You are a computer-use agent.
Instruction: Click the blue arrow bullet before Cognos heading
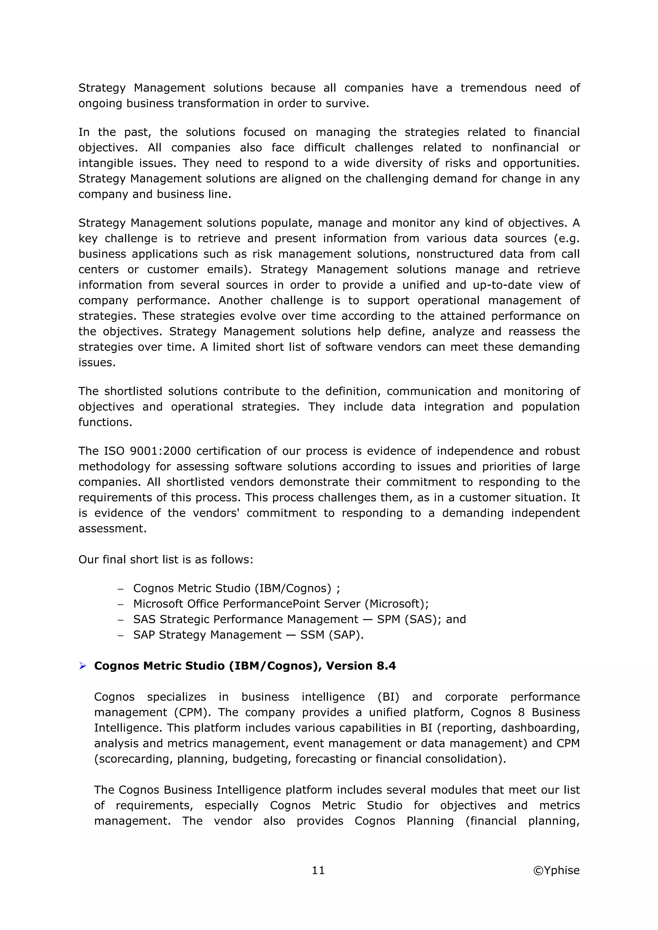pyautogui.click(x=83, y=666)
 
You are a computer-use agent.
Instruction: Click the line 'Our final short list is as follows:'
pyautogui.click(x=165, y=559)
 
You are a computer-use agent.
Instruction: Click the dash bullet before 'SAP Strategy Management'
pyautogui.click(x=120, y=635)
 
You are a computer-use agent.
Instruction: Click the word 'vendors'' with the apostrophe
pyautogui.click(x=216, y=513)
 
